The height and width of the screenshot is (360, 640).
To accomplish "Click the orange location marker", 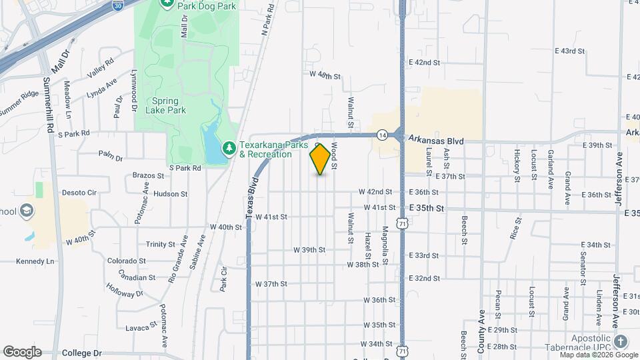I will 321,159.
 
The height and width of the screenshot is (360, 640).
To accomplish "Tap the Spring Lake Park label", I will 161,105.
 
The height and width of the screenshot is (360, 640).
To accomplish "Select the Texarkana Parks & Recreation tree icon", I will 228,146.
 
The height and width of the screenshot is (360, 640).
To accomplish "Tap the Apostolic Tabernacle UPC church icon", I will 621,341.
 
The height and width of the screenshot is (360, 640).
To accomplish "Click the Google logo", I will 21,352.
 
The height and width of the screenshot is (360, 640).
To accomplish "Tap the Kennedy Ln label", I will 35,261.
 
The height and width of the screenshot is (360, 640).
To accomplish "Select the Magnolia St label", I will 385,243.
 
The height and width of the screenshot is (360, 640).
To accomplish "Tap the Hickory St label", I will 517,165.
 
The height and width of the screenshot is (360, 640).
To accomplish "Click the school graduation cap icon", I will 27,211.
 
